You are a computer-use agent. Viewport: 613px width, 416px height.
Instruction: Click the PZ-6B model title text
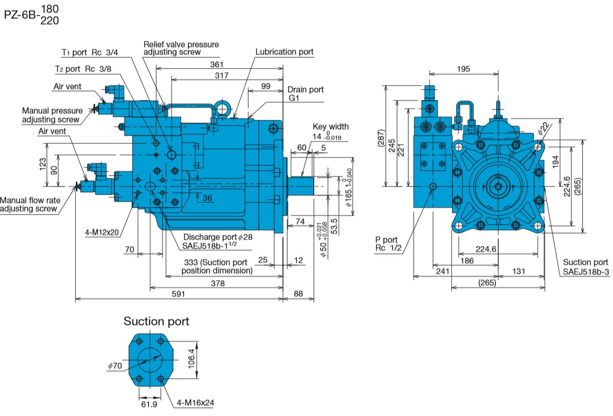[x=31, y=14]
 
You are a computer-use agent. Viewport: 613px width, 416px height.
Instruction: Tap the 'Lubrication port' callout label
[x=284, y=52]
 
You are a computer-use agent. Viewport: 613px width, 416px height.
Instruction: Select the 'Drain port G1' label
[x=305, y=94]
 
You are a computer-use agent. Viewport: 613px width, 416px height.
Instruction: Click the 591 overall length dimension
[x=178, y=294]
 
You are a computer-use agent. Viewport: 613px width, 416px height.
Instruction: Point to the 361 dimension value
[x=217, y=64]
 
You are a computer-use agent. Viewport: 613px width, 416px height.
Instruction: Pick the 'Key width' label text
[x=331, y=127]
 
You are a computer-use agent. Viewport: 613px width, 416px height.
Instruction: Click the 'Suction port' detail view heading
[x=156, y=321]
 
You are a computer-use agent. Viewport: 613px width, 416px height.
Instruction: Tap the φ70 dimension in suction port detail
[x=115, y=366]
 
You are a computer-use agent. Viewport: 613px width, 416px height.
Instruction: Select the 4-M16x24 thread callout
[x=195, y=403]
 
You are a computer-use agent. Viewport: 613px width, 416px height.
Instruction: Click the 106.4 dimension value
[x=191, y=358]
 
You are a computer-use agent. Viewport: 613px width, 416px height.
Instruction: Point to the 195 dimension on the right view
[x=463, y=69]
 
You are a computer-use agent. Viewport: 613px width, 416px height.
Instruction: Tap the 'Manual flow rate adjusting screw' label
[x=30, y=204]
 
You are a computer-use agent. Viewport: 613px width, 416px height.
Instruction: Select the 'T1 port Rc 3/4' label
[x=90, y=52]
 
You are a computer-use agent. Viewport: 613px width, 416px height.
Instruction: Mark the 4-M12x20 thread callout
[x=101, y=233]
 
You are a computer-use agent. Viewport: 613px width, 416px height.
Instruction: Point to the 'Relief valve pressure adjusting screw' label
[x=181, y=48]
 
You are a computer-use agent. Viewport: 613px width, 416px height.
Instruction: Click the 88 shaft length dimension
[x=298, y=294]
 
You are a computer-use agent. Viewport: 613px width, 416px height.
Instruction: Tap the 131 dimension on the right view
[x=519, y=271]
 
